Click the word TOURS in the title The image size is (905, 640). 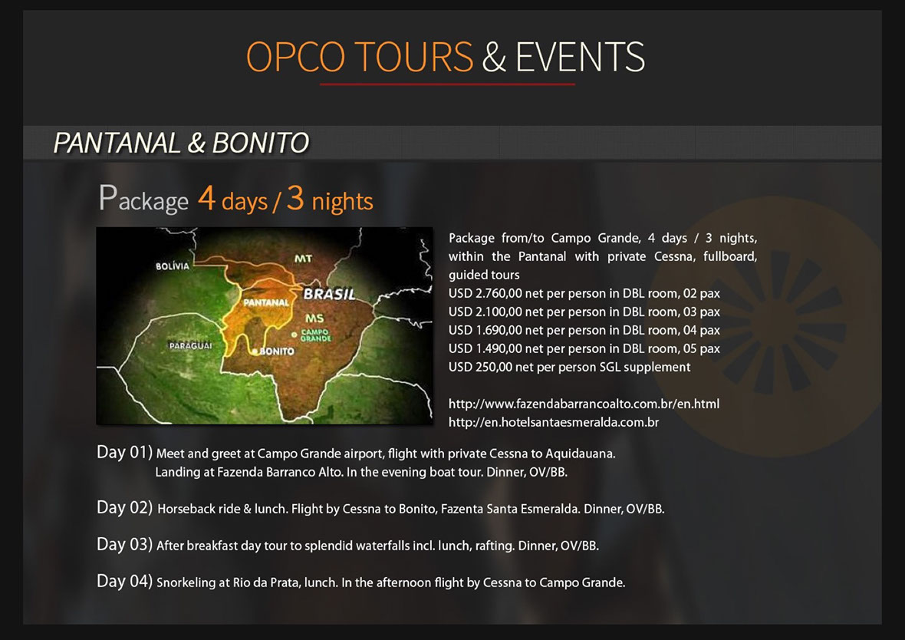(413, 57)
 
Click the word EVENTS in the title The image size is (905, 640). (580, 57)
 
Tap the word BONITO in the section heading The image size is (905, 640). (261, 144)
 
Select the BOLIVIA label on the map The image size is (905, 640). (173, 266)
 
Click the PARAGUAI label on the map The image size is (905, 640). (190, 345)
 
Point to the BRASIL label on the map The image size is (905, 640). (330, 294)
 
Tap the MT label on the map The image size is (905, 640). (304, 258)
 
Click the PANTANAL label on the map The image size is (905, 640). (266, 302)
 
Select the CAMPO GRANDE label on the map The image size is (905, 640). (316, 335)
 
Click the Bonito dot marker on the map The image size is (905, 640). (255, 351)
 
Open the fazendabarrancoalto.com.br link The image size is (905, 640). (584, 404)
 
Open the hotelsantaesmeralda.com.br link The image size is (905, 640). (554, 423)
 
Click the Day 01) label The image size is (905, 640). (124, 452)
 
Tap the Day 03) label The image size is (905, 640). (124, 545)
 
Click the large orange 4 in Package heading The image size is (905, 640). (206, 197)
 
